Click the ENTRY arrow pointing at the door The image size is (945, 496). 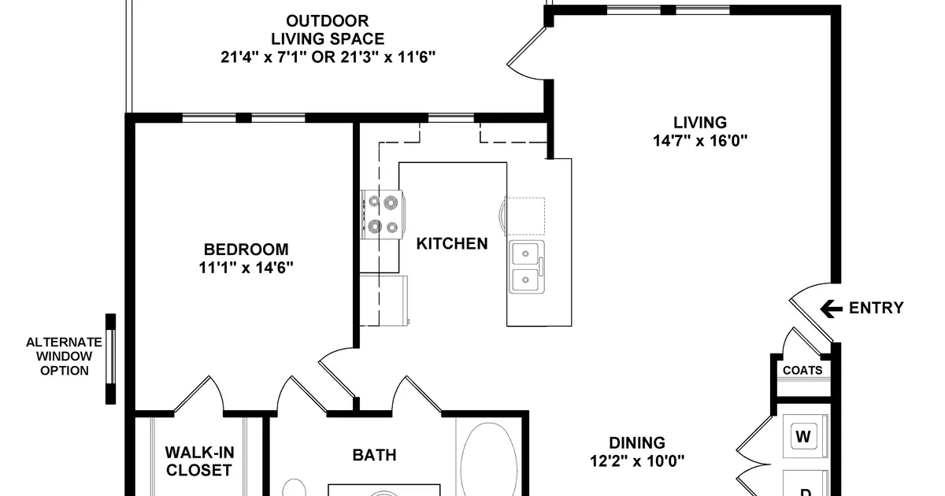click(x=831, y=309)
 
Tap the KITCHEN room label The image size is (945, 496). click(x=452, y=244)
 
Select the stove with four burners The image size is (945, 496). click(x=384, y=215)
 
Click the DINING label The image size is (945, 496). click(x=636, y=443)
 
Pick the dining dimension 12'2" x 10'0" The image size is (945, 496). click(x=636, y=461)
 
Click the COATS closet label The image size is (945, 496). click(x=802, y=370)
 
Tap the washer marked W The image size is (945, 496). click(x=803, y=435)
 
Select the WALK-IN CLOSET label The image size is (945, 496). click(x=198, y=461)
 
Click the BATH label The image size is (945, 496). click(x=374, y=455)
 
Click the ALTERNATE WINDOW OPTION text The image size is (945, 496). click(x=64, y=356)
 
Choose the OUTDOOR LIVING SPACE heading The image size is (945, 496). click(x=328, y=30)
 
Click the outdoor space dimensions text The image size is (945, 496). click(x=328, y=57)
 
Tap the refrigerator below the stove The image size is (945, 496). click(x=384, y=299)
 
